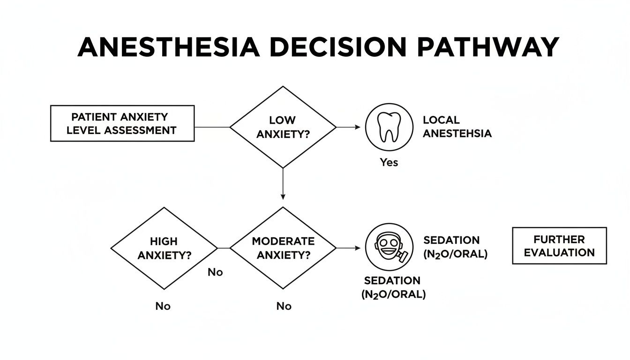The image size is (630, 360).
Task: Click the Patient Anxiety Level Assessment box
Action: (122, 123)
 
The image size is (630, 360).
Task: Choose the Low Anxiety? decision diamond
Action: (283, 127)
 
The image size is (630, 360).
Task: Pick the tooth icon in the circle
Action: (389, 127)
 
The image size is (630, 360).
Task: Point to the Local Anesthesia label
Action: (457, 127)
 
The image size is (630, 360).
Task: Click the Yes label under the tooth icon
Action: (389, 163)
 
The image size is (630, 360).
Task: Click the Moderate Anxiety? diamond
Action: (283, 248)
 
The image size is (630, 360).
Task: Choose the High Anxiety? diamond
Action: (164, 248)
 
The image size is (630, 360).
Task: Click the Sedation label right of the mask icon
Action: (455, 247)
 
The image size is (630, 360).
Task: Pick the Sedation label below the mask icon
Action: (393, 287)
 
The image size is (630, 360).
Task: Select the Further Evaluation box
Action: (559, 246)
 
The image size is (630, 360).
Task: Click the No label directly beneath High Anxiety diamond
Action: (163, 306)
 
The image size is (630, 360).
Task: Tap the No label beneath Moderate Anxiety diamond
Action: (284, 306)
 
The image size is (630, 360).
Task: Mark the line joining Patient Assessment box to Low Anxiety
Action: (212, 127)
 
